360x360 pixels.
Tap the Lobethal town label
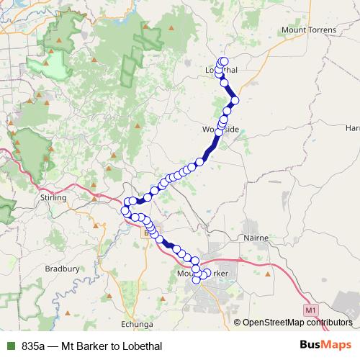tap(222, 70)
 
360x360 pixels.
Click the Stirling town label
tap(52, 197)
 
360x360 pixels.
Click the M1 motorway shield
tap(310, 310)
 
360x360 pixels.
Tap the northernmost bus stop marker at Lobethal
tap(224, 61)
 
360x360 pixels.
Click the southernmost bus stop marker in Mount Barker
tap(197, 280)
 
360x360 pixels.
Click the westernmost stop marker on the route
tap(125, 211)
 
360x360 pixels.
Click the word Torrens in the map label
tap(326, 32)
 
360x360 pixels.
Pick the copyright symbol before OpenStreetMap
tap(238, 323)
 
